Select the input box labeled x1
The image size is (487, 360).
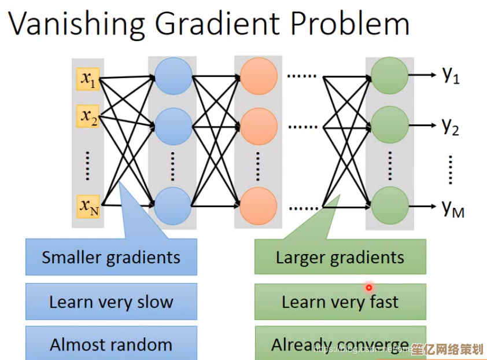pos(88,79)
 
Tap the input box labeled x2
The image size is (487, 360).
pos(88,116)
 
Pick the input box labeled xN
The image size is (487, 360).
pos(88,205)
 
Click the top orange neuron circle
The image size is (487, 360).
pos(259,76)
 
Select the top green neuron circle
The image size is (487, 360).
pos(389,75)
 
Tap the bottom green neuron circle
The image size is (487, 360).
pos(389,206)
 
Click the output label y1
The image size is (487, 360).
pos(451,75)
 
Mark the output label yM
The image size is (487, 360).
pos(453,208)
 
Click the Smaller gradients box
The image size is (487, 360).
pos(111,257)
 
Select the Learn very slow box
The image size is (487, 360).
pos(111,302)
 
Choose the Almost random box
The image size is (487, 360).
pos(111,345)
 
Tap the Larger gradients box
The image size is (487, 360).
pos(340,257)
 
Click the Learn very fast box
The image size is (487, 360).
pos(340,302)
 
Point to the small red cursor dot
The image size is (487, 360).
pos(368,287)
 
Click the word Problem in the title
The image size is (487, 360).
pos(349,24)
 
